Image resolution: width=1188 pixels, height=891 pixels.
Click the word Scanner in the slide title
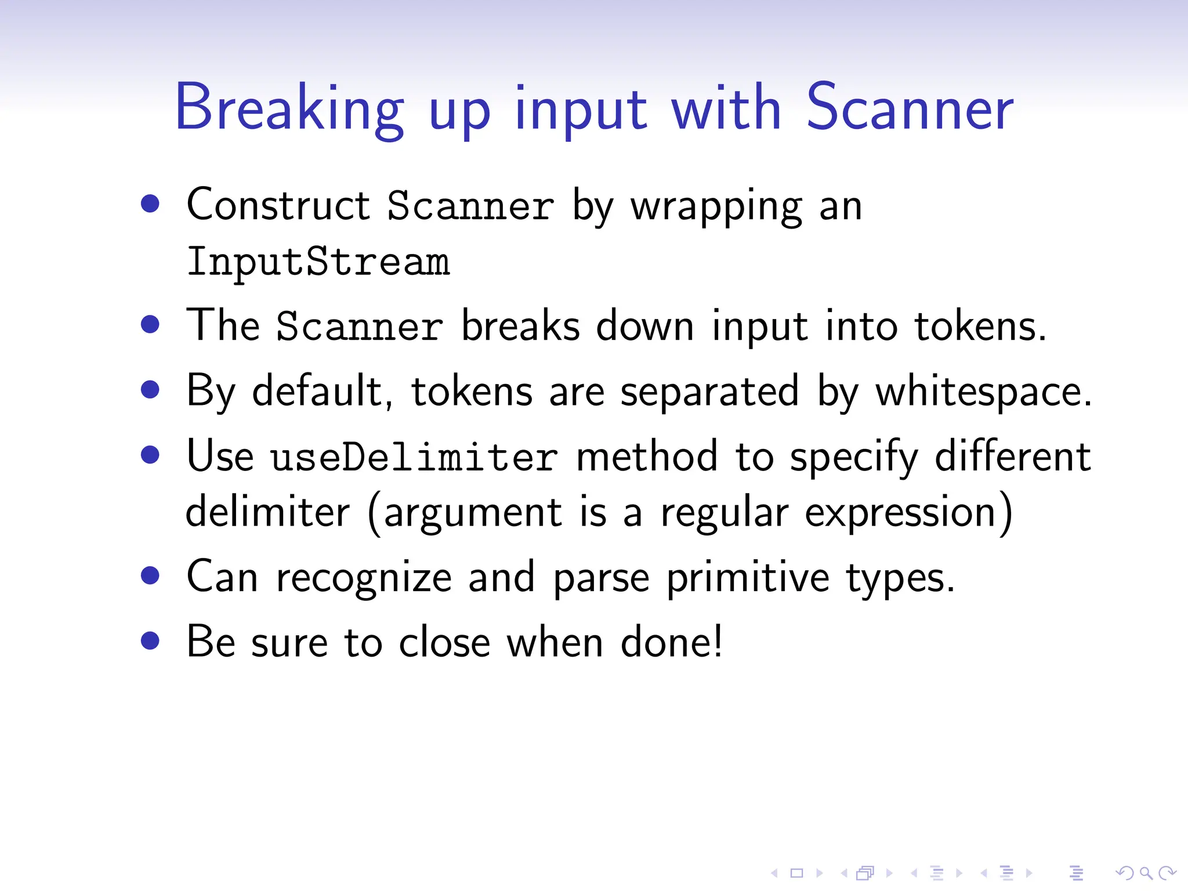pos(909,108)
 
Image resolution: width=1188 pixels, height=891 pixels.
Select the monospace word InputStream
pos(318,262)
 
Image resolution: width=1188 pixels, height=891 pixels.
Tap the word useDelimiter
pos(414,457)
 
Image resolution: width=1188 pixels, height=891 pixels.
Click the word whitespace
pos(983,392)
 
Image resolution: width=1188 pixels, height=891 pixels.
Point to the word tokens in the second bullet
pos(980,326)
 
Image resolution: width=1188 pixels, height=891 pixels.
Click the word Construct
pos(278,205)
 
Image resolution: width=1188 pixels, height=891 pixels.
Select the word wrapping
pos(717,208)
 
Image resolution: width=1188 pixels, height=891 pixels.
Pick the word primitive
pos(748,578)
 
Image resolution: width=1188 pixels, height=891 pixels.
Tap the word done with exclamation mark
pos(672,643)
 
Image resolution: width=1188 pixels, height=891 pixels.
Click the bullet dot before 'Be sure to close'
pos(150,641)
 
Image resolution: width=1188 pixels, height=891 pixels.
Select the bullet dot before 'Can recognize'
pos(150,575)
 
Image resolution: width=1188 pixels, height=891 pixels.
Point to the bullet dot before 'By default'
pos(150,389)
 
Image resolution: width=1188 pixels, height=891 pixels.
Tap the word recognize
pos(364,579)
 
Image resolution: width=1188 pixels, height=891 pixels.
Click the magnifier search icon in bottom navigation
pos(1145,872)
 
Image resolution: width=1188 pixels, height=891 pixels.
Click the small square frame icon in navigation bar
pos(796,872)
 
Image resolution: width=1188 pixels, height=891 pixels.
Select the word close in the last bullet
pos(444,643)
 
